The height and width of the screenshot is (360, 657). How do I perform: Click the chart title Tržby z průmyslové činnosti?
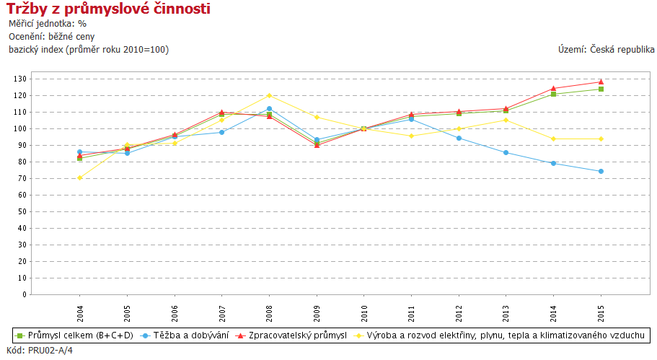coord(109,9)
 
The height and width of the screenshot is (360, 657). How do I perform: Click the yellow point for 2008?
coord(269,95)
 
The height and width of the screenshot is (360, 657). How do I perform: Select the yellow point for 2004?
coord(79,177)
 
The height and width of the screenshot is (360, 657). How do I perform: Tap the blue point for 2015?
coord(601,171)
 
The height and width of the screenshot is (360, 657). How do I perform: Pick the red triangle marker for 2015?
coord(601,82)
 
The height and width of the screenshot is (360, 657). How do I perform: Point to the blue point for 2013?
coord(506,152)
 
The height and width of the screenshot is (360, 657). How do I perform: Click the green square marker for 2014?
coord(553,94)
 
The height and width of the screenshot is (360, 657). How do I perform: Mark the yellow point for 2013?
coord(506,120)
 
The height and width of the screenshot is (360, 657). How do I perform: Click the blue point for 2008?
coord(269,108)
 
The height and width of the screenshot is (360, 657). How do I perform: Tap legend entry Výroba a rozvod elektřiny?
coord(505,335)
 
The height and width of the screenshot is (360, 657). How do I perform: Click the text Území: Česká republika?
coord(606,49)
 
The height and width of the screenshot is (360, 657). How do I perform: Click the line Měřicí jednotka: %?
coord(48,23)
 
